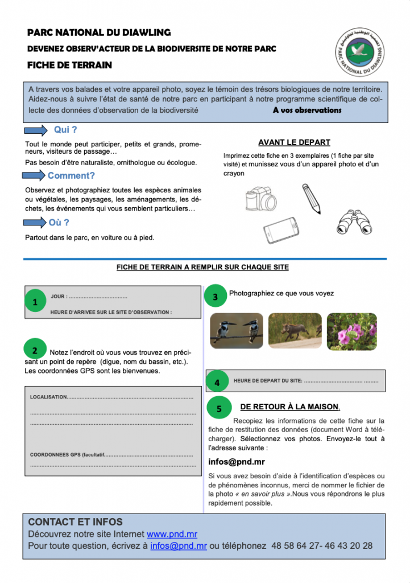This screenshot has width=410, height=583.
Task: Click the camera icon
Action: [261, 200]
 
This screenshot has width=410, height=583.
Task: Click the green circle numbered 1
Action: [36, 302]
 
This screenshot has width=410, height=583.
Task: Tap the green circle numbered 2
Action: [35, 350]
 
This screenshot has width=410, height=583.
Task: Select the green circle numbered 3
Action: [215, 296]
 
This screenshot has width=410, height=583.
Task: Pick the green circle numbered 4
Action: [217, 382]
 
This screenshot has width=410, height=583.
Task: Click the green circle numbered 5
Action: [220, 408]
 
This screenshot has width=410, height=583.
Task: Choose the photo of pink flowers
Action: [351, 331]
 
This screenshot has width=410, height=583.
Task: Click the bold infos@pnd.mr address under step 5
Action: [229, 462]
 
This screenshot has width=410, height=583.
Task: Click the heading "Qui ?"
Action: [65, 130]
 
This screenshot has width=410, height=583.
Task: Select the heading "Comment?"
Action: [71, 175]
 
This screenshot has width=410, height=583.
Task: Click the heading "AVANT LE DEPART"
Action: [294, 142]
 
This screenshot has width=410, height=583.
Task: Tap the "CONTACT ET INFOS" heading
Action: [75, 522]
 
